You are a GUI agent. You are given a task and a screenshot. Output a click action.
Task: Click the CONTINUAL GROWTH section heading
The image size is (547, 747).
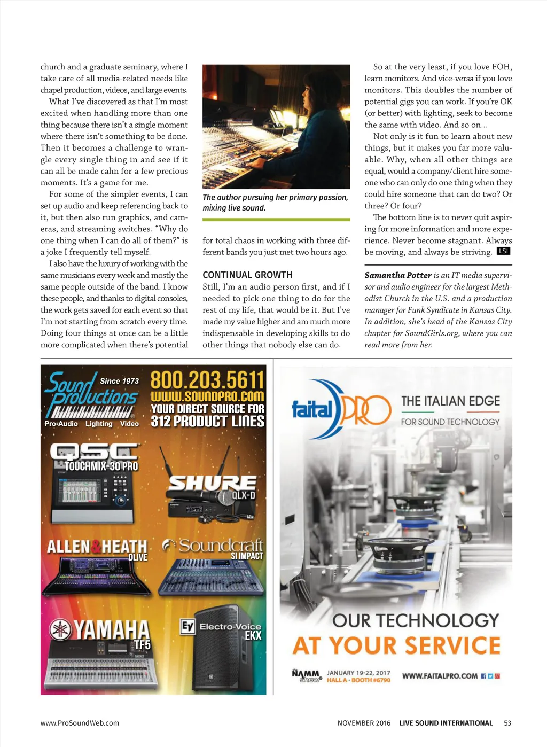[247, 275]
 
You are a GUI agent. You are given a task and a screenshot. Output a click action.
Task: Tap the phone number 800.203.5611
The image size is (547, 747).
[207, 380]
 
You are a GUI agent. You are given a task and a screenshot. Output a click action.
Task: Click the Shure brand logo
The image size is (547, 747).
[212, 483]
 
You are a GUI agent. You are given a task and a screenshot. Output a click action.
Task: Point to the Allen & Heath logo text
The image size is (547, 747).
[97, 547]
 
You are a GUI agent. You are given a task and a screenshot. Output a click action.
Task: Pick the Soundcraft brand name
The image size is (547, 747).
[221, 545]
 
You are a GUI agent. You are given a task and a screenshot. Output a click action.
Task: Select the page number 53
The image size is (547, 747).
[507, 723]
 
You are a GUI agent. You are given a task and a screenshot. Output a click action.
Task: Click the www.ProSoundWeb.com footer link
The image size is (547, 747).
[80, 723]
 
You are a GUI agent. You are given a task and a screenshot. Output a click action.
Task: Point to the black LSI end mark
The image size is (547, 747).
[503, 251]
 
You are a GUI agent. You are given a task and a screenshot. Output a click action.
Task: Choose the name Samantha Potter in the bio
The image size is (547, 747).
[397, 275]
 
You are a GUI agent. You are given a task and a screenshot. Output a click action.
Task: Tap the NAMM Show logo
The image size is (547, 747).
[307, 676]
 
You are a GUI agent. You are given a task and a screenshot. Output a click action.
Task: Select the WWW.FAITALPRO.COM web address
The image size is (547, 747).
[440, 676]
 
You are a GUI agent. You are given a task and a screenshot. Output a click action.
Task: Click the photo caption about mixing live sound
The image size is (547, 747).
[275, 203]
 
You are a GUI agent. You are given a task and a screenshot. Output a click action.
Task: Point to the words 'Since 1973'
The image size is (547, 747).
[119, 381]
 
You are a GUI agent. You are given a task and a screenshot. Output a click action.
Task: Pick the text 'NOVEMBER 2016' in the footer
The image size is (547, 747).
[364, 723]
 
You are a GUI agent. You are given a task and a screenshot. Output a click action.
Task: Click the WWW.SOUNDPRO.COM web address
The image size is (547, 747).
[207, 396]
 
